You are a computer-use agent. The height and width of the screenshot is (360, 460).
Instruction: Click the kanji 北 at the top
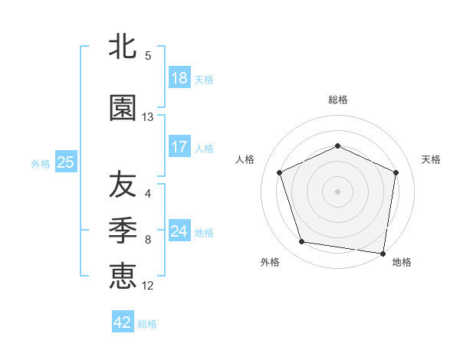point(123,47)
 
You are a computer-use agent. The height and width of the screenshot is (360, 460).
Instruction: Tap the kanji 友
point(123,184)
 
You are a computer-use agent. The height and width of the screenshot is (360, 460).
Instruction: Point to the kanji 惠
point(123,273)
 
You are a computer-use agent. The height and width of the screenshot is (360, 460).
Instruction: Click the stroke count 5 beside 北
point(147,56)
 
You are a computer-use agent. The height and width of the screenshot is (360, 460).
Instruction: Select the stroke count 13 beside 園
point(148,117)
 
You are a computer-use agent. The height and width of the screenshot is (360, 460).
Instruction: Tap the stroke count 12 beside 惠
point(148,286)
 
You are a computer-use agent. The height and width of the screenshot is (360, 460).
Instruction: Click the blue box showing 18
point(179,78)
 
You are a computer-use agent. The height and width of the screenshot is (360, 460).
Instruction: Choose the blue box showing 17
point(179,147)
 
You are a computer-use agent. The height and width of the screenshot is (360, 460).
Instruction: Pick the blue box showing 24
point(179,231)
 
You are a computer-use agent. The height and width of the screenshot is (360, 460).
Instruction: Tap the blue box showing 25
point(65,162)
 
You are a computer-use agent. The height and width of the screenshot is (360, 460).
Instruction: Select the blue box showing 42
point(123,322)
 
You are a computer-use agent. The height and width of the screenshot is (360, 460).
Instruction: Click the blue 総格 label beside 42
point(147,324)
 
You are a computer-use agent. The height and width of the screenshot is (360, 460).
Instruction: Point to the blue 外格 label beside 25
point(41,163)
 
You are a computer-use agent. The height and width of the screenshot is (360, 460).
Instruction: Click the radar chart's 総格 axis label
point(338,100)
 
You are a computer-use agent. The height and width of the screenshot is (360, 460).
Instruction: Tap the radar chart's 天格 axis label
point(431,159)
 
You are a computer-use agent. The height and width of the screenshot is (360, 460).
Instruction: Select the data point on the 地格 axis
point(383,253)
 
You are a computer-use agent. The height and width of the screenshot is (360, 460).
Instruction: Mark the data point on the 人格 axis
point(281,172)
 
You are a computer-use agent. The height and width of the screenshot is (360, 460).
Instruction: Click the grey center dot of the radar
point(338,191)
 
